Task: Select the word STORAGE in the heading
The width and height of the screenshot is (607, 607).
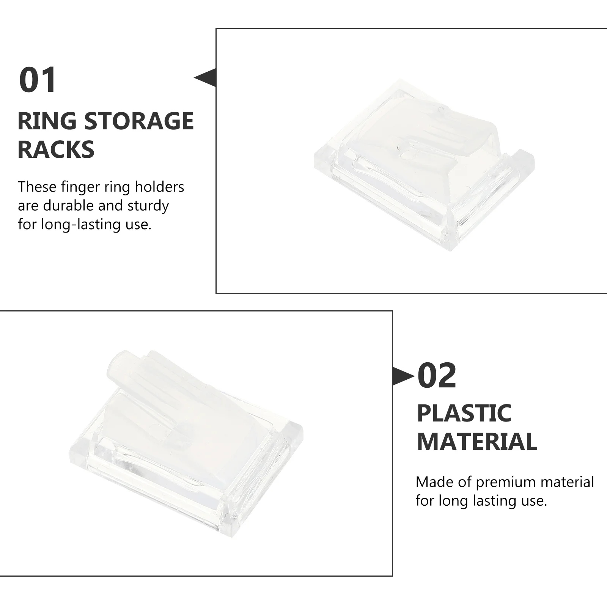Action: (138, 121)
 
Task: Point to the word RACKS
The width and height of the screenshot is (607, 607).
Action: (56, 149)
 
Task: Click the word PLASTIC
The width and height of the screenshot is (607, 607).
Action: (464, 413)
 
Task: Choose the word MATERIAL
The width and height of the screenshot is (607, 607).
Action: (477, 442)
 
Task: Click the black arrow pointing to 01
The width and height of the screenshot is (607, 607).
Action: (206, 78)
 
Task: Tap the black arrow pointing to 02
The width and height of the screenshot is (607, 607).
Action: (403, 377)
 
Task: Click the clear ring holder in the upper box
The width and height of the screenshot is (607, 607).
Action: (424, 163)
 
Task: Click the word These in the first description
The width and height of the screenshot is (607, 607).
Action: (37, 187)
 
